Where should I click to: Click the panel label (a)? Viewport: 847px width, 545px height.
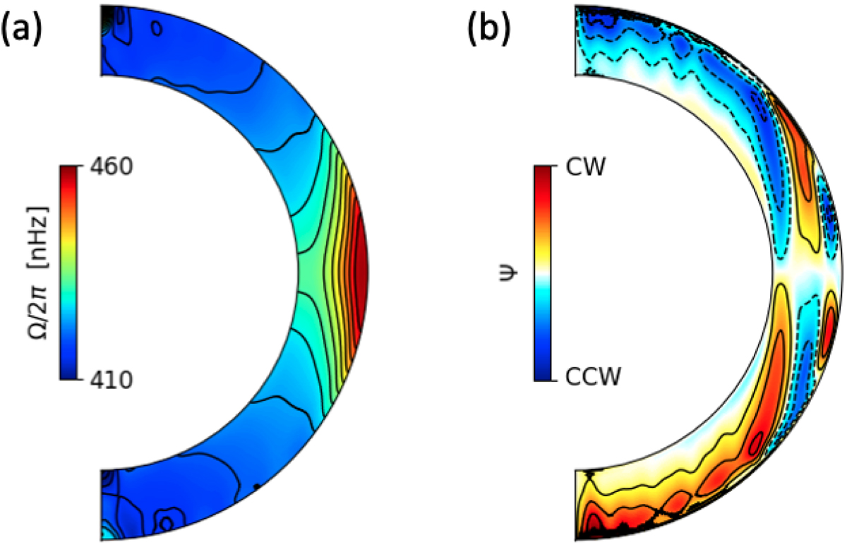25,32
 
